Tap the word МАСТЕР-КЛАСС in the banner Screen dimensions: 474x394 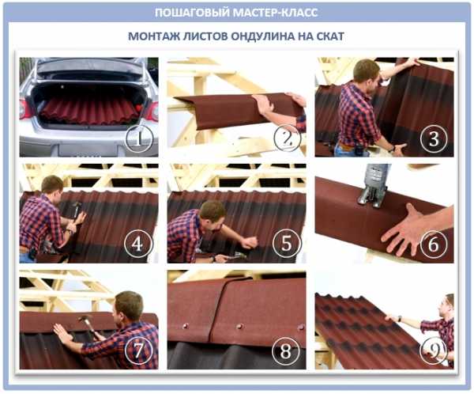point(276,13)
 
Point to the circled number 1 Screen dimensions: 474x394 point(139,139)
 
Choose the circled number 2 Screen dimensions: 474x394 point(288,138)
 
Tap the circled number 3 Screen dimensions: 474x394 point(434,138)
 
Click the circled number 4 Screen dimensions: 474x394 point(137,244)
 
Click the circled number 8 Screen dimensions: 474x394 point(286,350)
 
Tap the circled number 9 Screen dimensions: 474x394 point(434,350)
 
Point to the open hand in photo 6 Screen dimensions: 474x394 point(405,229)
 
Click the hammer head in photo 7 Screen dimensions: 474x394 point(85,319)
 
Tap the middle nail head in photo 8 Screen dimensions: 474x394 point(239,327)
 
